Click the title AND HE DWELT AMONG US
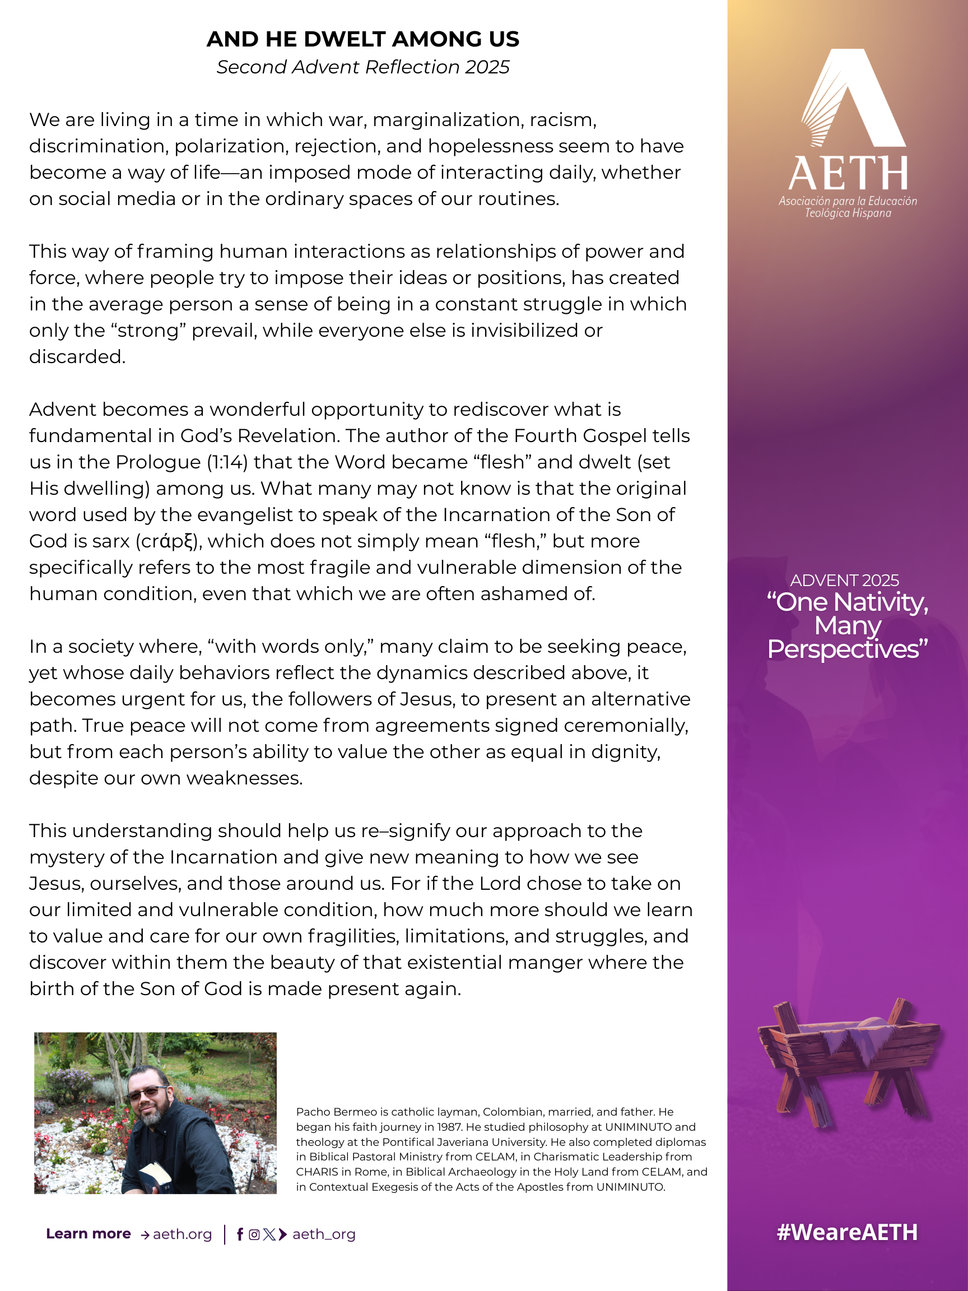tap(362, 39)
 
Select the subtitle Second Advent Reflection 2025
tap(362, 67)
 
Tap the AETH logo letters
tap(847, 173)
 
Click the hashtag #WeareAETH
tap(846, 1232)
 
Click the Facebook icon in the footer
tap(240, 1234)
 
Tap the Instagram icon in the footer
tap(254, 1234)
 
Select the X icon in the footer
tap(269, 1234)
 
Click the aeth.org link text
tap(182, 1234)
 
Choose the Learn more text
tap(88, 1234)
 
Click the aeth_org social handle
tap(324, 1234)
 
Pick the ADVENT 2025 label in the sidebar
tap(844, 580)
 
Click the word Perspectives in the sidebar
tap(846, 649)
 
